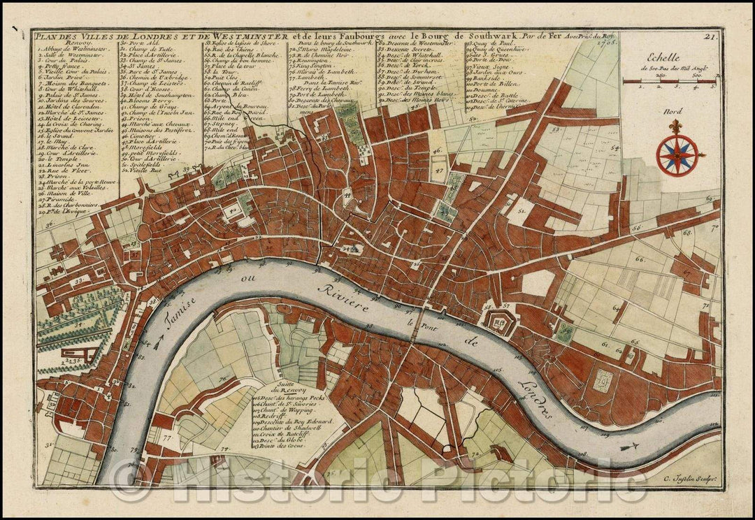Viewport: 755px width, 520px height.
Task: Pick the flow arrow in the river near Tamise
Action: pos(157,342)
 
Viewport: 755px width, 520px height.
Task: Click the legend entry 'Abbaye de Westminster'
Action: pos(73,50)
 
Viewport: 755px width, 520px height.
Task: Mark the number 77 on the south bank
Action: pos(166,438)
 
